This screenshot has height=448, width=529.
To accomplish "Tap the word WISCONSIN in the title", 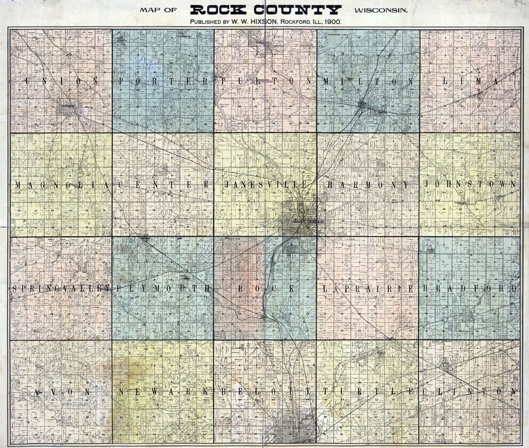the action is (x=379, y=10).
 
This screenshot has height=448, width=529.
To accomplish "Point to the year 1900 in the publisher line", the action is (x=333, y=22).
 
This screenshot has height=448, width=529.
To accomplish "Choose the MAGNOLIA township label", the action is (x=62, y=185).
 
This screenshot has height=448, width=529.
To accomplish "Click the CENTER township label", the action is (x=163, y=185).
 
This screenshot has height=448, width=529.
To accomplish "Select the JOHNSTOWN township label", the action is (x=470, y=185).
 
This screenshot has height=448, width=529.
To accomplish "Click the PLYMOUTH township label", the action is (x=163, y=289).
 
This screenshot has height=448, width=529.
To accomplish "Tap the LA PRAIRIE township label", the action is (x=368, y=289).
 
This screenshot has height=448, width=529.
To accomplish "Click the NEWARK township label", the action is (x=163, y=392).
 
